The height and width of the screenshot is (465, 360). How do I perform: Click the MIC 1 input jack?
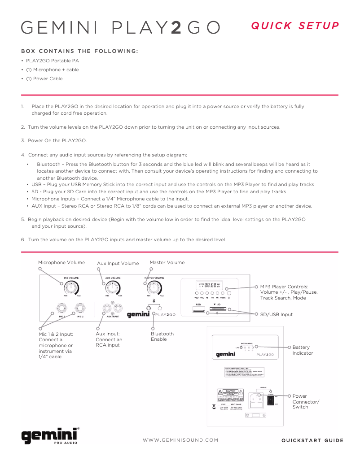tap(61, 309)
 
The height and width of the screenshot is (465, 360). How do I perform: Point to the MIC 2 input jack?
tap(80, 309)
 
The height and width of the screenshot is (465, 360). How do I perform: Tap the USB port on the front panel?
tap(198, 309)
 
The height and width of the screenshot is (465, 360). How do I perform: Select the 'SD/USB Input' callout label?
tap(276, 314)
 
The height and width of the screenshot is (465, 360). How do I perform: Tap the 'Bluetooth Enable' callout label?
tap(162, 336)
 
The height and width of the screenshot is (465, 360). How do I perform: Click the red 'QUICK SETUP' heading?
tap(295, 26)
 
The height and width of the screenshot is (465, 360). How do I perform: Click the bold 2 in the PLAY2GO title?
tap(176, 27)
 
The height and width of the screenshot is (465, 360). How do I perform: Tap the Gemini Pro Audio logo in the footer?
tap(50, 435)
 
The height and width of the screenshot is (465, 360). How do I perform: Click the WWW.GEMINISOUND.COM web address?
tap(180, 440)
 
